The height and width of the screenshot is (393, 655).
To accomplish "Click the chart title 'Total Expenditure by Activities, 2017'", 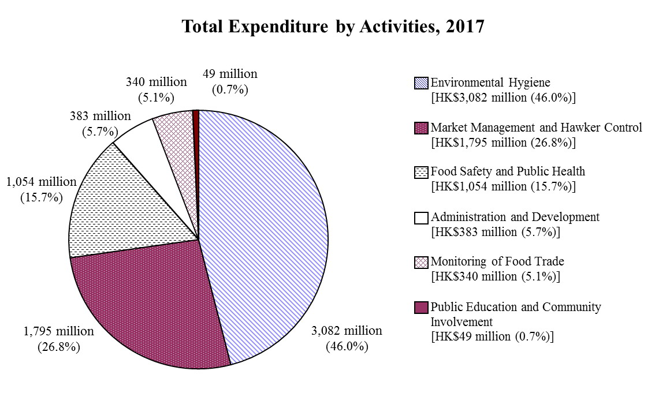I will coord(332,27).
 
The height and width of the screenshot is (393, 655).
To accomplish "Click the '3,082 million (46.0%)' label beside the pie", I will coord(347,338).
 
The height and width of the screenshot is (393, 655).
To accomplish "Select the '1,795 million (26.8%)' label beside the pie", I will coord(59,339).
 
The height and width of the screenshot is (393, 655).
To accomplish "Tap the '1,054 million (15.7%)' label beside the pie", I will coord(41,189).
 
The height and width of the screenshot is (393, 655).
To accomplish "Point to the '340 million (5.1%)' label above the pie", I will coord(157,89).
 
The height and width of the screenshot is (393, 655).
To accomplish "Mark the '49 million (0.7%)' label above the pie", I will coord(230,81).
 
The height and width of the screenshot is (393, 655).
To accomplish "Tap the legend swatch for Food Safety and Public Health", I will coord(422,173).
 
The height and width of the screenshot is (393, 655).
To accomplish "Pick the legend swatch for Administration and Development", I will coord(422,218).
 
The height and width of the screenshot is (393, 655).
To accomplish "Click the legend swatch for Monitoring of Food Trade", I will coord(422,263).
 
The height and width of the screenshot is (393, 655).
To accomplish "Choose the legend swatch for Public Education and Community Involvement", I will coord(422,308).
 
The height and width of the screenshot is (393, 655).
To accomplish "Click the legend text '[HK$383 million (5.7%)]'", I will coord(496,232).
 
